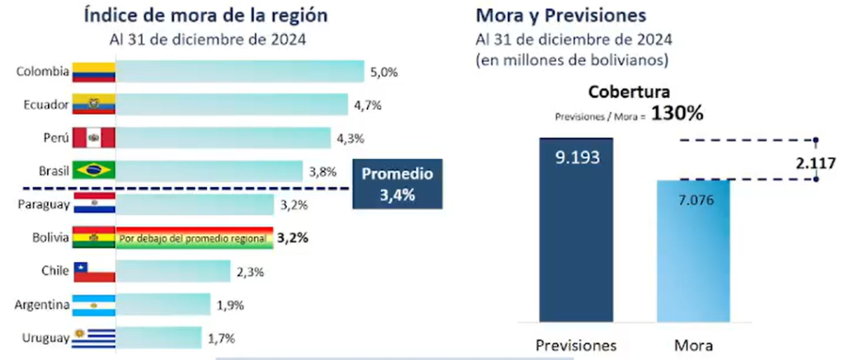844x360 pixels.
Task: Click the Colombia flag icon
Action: pos(94,72)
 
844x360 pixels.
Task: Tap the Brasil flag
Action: pos(94,171)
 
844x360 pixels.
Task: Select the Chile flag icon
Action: pos(94,272)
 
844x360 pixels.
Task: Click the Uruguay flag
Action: pos(94,338)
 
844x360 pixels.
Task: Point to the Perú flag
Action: pos(94,138)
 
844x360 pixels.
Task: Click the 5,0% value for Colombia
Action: pos(384,72)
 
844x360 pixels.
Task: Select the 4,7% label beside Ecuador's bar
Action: pos(368,105)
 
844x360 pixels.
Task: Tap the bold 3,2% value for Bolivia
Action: pos(293,238)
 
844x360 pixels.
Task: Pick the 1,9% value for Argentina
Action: pos(231,305)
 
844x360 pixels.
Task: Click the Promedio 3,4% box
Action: pos(398,185)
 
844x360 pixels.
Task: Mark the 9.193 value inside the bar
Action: pos(576,157)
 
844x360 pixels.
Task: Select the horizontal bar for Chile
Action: pos(173,272)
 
